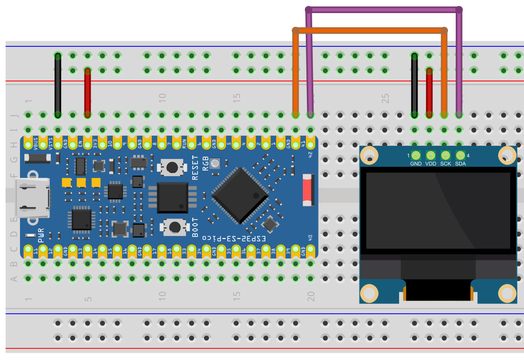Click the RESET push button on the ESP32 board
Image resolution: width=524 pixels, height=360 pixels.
tap(172, 167)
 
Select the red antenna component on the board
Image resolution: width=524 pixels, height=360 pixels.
tap(307, 189)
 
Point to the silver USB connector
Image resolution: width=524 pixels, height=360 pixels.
tap(34, 198)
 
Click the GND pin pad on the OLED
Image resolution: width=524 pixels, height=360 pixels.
tap(416, 155)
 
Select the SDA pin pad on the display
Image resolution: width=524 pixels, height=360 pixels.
tap(460, 155)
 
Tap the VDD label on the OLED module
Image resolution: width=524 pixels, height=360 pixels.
tap(430, 164)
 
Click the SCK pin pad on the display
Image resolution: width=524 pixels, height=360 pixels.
tap(445, 155)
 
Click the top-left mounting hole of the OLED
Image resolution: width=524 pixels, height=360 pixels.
tap(369, 155)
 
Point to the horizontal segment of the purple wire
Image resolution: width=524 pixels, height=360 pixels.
tap(383, 9)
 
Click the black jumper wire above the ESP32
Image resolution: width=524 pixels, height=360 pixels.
tap(58, 85)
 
